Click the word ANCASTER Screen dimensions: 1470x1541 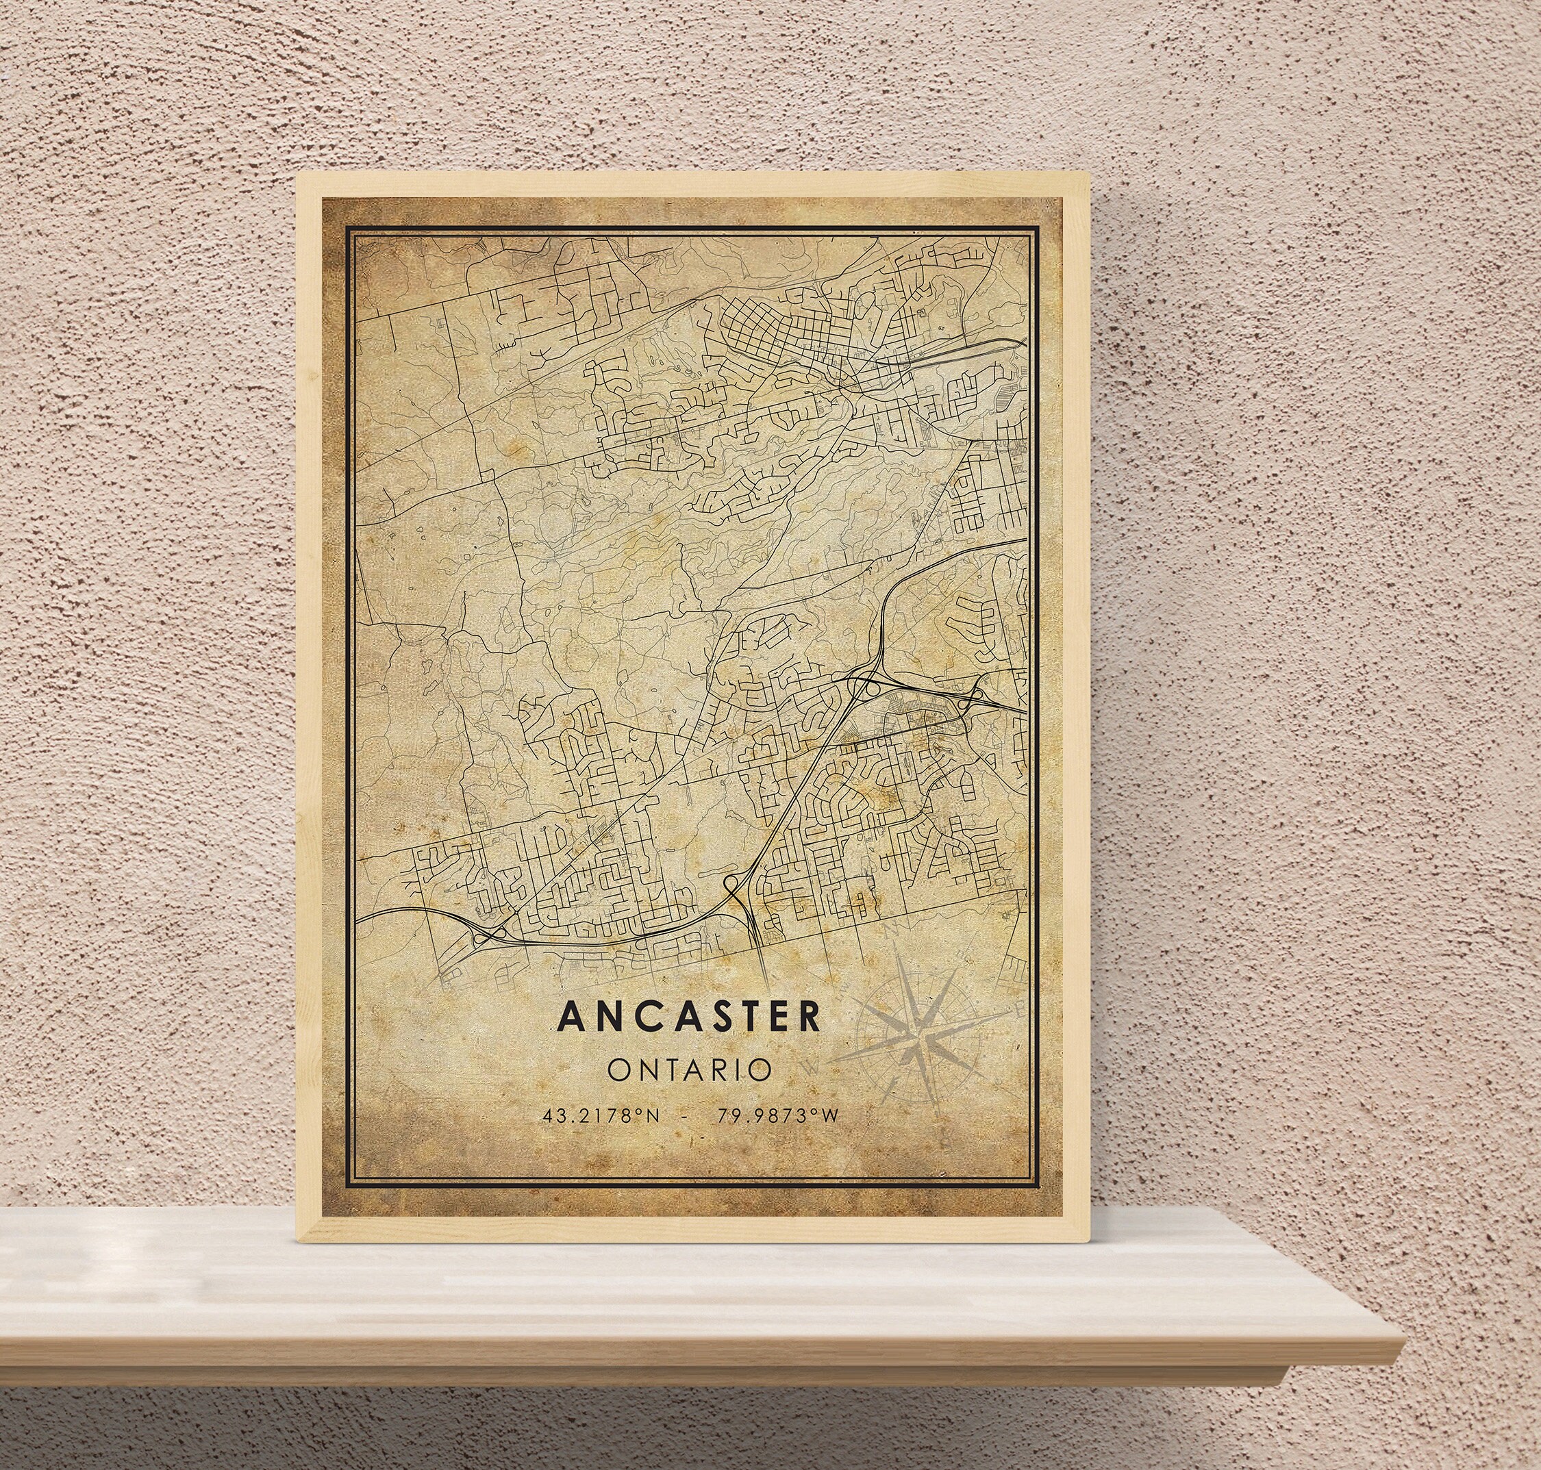tap(690, 1016)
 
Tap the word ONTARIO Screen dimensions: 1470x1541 tap(690, 1069)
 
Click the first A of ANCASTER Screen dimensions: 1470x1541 tap(568, 1016)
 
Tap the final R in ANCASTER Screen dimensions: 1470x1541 tap(810, 1016)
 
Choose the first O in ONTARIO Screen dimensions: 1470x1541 tap(618, 1069)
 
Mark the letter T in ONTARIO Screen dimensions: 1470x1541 tap(671, 1069)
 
